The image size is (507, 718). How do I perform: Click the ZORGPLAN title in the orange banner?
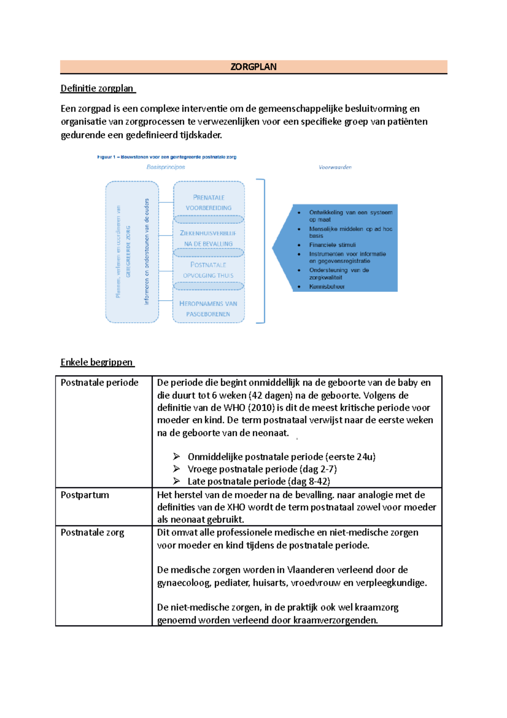coord(253,67)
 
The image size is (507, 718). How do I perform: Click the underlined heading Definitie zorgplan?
coord(97,88)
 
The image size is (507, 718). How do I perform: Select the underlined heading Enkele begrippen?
coord(97,362)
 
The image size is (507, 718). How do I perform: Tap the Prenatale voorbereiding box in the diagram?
coord(209,202)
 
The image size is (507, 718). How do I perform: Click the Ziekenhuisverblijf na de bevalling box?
coord(209,238)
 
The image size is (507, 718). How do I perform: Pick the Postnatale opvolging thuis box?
coord(208,270)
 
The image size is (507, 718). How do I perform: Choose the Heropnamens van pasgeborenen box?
coord(208,309)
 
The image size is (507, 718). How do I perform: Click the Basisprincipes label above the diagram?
coord(166,167)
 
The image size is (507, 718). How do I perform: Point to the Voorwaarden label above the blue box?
coord(335,167)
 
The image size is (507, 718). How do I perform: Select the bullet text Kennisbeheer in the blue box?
coord(327,286)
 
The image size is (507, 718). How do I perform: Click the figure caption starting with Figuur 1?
coord(167,157)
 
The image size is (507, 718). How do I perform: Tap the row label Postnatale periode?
coord(99,383)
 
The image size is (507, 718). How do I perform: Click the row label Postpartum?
coord(85,495)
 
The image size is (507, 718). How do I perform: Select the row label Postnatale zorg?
coord(92,532)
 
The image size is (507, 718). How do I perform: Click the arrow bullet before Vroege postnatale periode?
coord(177,469)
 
